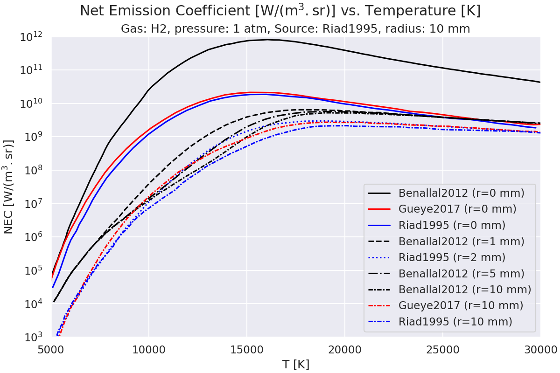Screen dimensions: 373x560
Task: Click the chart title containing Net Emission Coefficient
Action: pos(280,11)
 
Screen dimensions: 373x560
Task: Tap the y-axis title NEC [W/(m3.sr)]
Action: pos(9,186)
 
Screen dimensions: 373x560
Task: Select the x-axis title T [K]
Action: pos(296,364)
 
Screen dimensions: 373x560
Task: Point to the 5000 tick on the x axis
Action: pos(51,349)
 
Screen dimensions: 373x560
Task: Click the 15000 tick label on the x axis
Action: pos(247,349)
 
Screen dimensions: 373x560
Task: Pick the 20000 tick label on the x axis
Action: pos(344,349)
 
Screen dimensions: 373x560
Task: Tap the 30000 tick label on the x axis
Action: pos(540,349)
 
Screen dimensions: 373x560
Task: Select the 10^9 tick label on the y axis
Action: pos(35,137)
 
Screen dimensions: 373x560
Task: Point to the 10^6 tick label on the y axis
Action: pos(35,237)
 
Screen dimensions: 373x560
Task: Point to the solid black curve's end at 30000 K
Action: pos(540,82)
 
